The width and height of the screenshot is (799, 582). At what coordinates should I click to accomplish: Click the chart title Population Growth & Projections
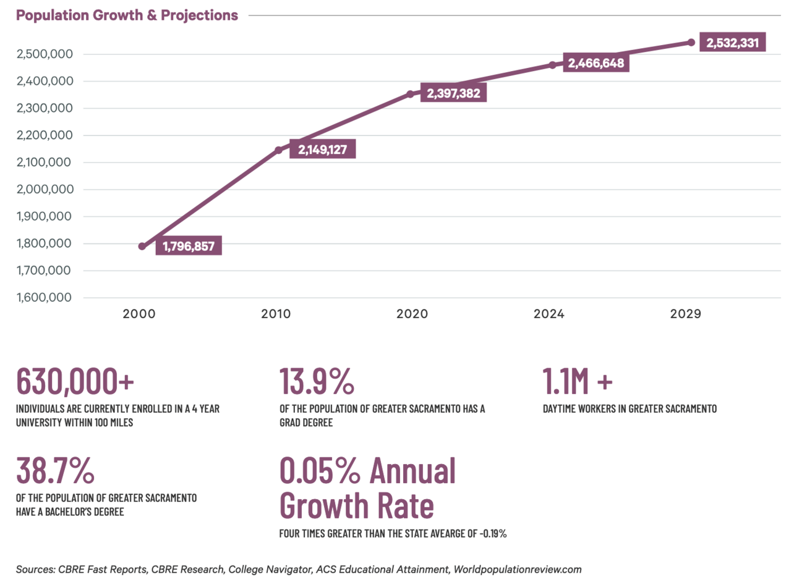[127, 15]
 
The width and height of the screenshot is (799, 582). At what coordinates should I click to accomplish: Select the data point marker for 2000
[142, 247]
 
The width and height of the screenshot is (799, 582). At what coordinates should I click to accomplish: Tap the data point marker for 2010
[278, 150]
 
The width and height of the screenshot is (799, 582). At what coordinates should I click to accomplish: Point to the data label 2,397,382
[453, 93]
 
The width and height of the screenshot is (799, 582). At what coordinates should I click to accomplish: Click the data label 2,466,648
[596, 63]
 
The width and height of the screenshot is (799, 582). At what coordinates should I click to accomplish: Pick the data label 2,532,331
[732, 43]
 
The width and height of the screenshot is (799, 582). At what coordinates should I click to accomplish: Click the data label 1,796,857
[189, 247]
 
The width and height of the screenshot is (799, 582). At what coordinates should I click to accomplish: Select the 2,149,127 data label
[322, 150]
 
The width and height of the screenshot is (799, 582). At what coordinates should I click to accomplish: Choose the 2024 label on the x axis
[549, 314]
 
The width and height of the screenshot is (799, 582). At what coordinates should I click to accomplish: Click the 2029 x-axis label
[685, 314]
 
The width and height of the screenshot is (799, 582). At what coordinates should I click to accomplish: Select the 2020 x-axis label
[412, 314]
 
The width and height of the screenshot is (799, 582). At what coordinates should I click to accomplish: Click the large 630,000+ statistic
[75, 381]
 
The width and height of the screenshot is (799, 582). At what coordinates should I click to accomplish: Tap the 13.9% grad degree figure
[317, 381]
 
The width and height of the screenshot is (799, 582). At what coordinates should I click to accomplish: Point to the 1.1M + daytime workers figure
[578, 381]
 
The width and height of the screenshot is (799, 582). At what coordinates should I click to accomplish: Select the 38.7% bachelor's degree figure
[55, 471]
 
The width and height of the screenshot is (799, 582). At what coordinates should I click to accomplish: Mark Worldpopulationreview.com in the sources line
[518, 570]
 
